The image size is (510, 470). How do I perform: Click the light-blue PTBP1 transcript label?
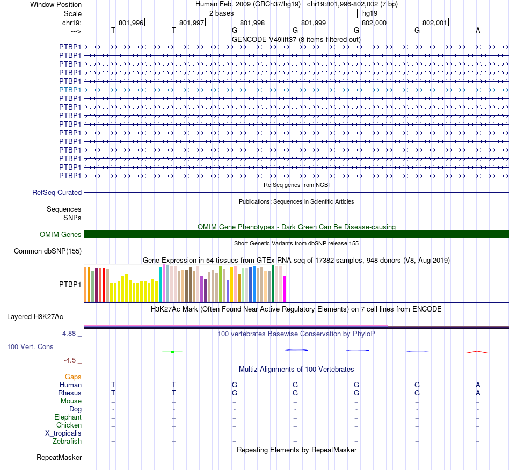coord(70,90)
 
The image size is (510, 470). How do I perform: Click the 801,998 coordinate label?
coord(252,23)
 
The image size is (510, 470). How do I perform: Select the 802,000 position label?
coord(374,23)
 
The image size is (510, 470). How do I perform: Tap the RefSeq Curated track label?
coord(57,192)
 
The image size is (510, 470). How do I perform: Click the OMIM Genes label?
coord(61,234)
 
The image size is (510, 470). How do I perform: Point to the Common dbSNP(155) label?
coord(48,251)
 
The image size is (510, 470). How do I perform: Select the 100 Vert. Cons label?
coord(30,347)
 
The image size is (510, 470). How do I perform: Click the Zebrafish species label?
coord(67,442)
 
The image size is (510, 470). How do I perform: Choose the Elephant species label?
coord(68,417)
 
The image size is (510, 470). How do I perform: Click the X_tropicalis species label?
coord(63,433)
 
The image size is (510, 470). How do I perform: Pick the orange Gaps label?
coord(73,377)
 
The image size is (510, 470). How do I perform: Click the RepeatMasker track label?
coord(59,458)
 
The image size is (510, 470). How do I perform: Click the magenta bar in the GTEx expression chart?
coord(285,288)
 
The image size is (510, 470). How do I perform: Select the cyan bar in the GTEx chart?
coord(160,284)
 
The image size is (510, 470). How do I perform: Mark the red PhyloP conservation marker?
coord(477,352)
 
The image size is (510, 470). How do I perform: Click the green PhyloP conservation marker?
coord(172,352)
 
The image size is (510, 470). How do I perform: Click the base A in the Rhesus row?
coord(478,393)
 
